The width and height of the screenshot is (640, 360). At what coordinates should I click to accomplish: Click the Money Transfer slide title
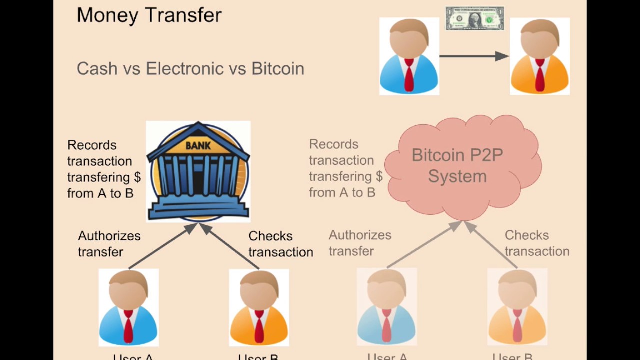[149, 15]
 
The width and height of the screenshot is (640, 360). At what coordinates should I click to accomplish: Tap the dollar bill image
[475, 19]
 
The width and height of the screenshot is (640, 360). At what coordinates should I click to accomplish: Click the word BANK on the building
[198, 146]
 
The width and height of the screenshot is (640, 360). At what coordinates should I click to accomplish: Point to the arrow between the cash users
[473, 56]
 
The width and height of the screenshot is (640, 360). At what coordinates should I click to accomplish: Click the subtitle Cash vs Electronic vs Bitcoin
[190, 69]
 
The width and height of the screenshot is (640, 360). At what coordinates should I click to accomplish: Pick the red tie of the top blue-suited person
[409, 75]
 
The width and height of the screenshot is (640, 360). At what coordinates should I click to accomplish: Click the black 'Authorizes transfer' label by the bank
[109, 244]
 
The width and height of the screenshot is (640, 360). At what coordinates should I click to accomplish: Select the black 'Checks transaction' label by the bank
[280, 244]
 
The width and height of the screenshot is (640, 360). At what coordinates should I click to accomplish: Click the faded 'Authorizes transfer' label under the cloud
[360, 243]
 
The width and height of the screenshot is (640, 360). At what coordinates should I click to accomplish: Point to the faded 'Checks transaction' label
[537, 243]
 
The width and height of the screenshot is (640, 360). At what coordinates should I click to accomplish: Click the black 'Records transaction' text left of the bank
[104, 169]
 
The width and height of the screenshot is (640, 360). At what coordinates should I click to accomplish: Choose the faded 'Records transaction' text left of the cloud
[345, 168]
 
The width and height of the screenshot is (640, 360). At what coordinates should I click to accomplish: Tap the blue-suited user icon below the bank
[128, 307]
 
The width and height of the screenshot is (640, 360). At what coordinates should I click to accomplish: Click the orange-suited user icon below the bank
[259, 307]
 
